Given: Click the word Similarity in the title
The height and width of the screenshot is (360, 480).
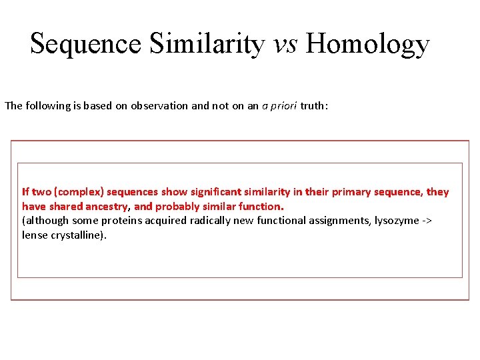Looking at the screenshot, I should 207,44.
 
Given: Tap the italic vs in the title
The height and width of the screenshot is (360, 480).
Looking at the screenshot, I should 285,44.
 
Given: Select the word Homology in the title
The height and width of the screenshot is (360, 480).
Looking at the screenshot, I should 368,44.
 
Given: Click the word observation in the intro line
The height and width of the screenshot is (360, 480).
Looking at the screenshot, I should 159,106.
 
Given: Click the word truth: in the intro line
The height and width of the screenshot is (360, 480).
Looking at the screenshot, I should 314,106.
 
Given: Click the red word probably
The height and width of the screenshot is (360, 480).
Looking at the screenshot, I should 178,207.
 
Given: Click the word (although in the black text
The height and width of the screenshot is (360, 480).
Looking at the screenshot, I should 45,221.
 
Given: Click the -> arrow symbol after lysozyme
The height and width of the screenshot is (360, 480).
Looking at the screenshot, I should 427,221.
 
